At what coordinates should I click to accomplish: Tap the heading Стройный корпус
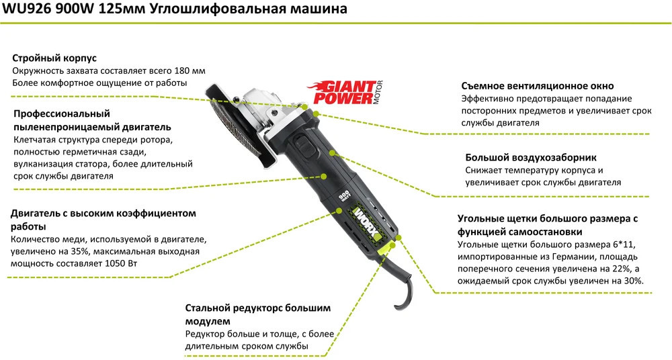tap(54, 58)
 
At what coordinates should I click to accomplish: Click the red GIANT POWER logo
tap(342, 92)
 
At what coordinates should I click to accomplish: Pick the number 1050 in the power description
tap(114, 263)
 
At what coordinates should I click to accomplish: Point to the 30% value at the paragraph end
tap(634, 281)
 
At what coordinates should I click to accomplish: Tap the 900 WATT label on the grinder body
tap(343, 196)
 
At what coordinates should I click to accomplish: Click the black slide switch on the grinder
tap(305, 146)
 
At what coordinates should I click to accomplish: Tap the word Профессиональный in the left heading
tap(62, 114)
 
